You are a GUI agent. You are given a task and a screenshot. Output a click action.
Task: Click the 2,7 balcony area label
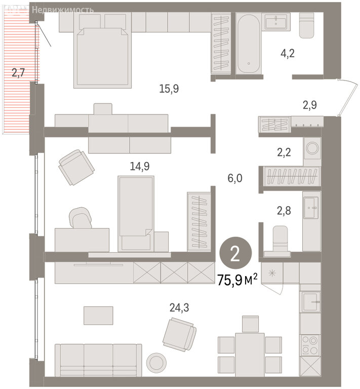point(18,73)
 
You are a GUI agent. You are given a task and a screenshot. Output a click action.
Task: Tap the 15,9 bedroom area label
point(169,89)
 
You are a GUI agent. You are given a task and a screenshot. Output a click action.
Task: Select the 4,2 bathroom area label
point(288,53)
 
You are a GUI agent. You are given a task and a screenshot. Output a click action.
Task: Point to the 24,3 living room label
point(179,308)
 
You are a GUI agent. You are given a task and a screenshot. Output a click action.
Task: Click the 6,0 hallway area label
point(235,178)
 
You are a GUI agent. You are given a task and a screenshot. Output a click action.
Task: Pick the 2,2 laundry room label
point(284,152)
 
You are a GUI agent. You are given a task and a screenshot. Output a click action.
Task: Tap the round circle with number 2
point(235,253)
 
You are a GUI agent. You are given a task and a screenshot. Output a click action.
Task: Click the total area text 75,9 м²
point(237,280)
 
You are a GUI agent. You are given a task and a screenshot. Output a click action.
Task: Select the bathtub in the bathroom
point(249,44)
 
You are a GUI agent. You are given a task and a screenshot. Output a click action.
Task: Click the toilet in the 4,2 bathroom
point(306,25)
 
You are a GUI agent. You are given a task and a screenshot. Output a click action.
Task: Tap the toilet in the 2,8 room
point(279,241)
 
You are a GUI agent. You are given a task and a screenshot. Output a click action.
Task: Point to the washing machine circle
point(312,148)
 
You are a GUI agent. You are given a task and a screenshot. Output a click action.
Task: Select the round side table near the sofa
point(156,362)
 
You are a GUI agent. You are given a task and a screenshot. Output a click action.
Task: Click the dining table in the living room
point(250,355)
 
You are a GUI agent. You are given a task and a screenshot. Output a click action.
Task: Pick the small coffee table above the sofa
point(98,316)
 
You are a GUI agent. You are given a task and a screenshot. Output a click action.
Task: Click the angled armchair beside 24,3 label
point(180,335)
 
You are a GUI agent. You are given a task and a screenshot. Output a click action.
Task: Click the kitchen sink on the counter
point(311,301)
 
